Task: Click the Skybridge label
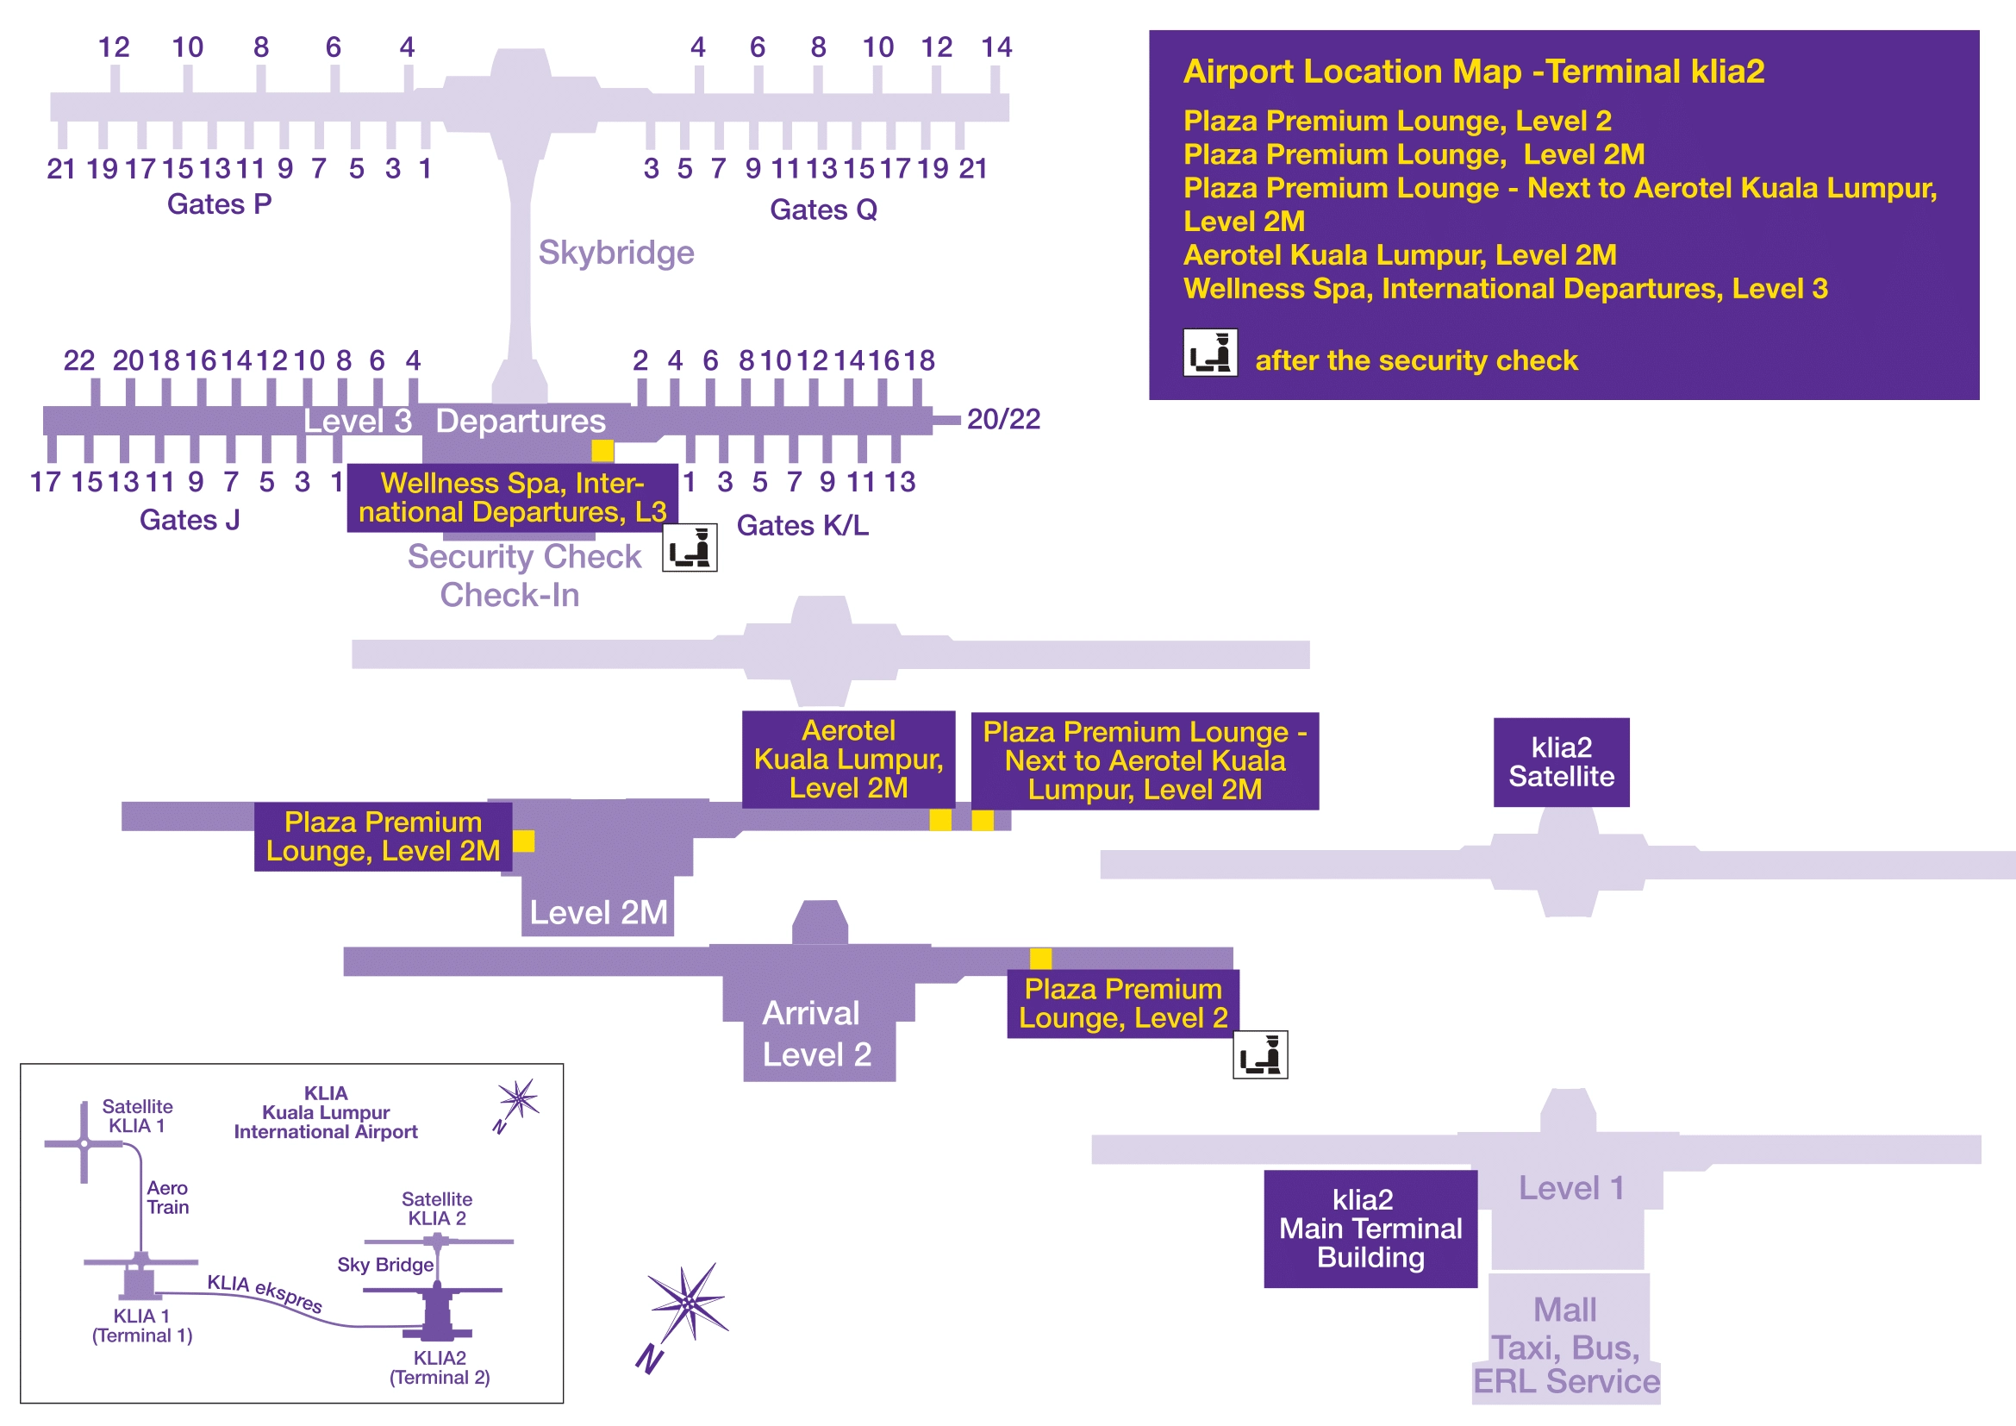click(x=615, y=253)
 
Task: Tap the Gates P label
click(x=220, y=204)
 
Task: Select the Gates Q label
click(x=823, y=210)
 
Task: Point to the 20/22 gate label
click(x=1002, y=420)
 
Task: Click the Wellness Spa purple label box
click(x=512, y=497)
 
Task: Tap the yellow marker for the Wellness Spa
click(x=602, y=450)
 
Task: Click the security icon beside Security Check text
click(x=690, y=547)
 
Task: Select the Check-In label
click(x=509, y=596)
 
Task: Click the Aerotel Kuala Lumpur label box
click(x=848, y=759)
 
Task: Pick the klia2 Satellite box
click(x=1561, y=762)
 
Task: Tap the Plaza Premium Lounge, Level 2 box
click(x=1122, y=1004)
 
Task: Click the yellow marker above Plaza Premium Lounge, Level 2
click(x=1040, y=958)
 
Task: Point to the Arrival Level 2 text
click(x=815, y=1034)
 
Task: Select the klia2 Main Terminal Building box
click(x=1370, y=1229)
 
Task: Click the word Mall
click(x=1564, y=1310)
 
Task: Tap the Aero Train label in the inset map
click(x=168, y=1198)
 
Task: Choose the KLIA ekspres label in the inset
click(x=265, y=1293)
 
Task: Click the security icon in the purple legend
click(x=1210, y=353)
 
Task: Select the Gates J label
click(x=190, y=521)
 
